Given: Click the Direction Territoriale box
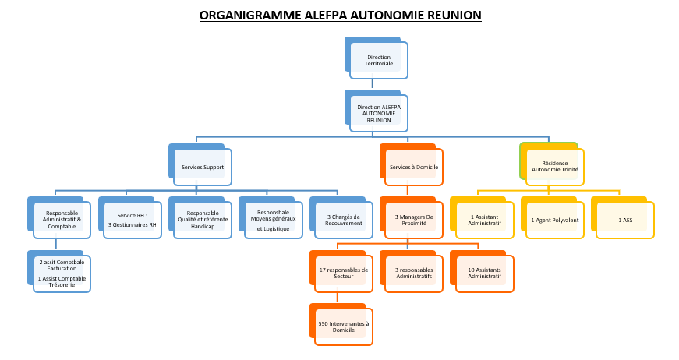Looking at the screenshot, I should coord(379,61).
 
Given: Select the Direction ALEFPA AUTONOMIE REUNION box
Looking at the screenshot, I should coord(379,114).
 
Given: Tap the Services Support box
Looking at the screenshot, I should coord(202,167).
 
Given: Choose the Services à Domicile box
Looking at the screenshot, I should coord(414,167).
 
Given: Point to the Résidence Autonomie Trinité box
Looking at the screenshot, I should coord(555,167).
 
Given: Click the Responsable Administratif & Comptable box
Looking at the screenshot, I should coord(62,220).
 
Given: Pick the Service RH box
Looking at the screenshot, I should coord(132,220).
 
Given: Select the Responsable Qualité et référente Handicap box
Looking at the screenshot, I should coord(203,220).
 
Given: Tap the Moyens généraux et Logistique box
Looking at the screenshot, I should coord(273,220).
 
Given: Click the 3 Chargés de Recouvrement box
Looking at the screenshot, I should coord(344,220).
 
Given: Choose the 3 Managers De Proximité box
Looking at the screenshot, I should coord(414,220).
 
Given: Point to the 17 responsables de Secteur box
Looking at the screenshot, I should coord(344,274).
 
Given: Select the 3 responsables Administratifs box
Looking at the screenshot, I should coord(414,274).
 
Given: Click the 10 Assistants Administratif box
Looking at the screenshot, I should coord(485,274).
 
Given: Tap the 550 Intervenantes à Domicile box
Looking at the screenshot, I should coord(344,326).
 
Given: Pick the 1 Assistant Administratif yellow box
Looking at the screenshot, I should coord(485,220).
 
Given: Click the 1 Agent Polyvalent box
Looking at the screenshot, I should coord(554,220).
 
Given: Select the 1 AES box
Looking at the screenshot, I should coord(625,220).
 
